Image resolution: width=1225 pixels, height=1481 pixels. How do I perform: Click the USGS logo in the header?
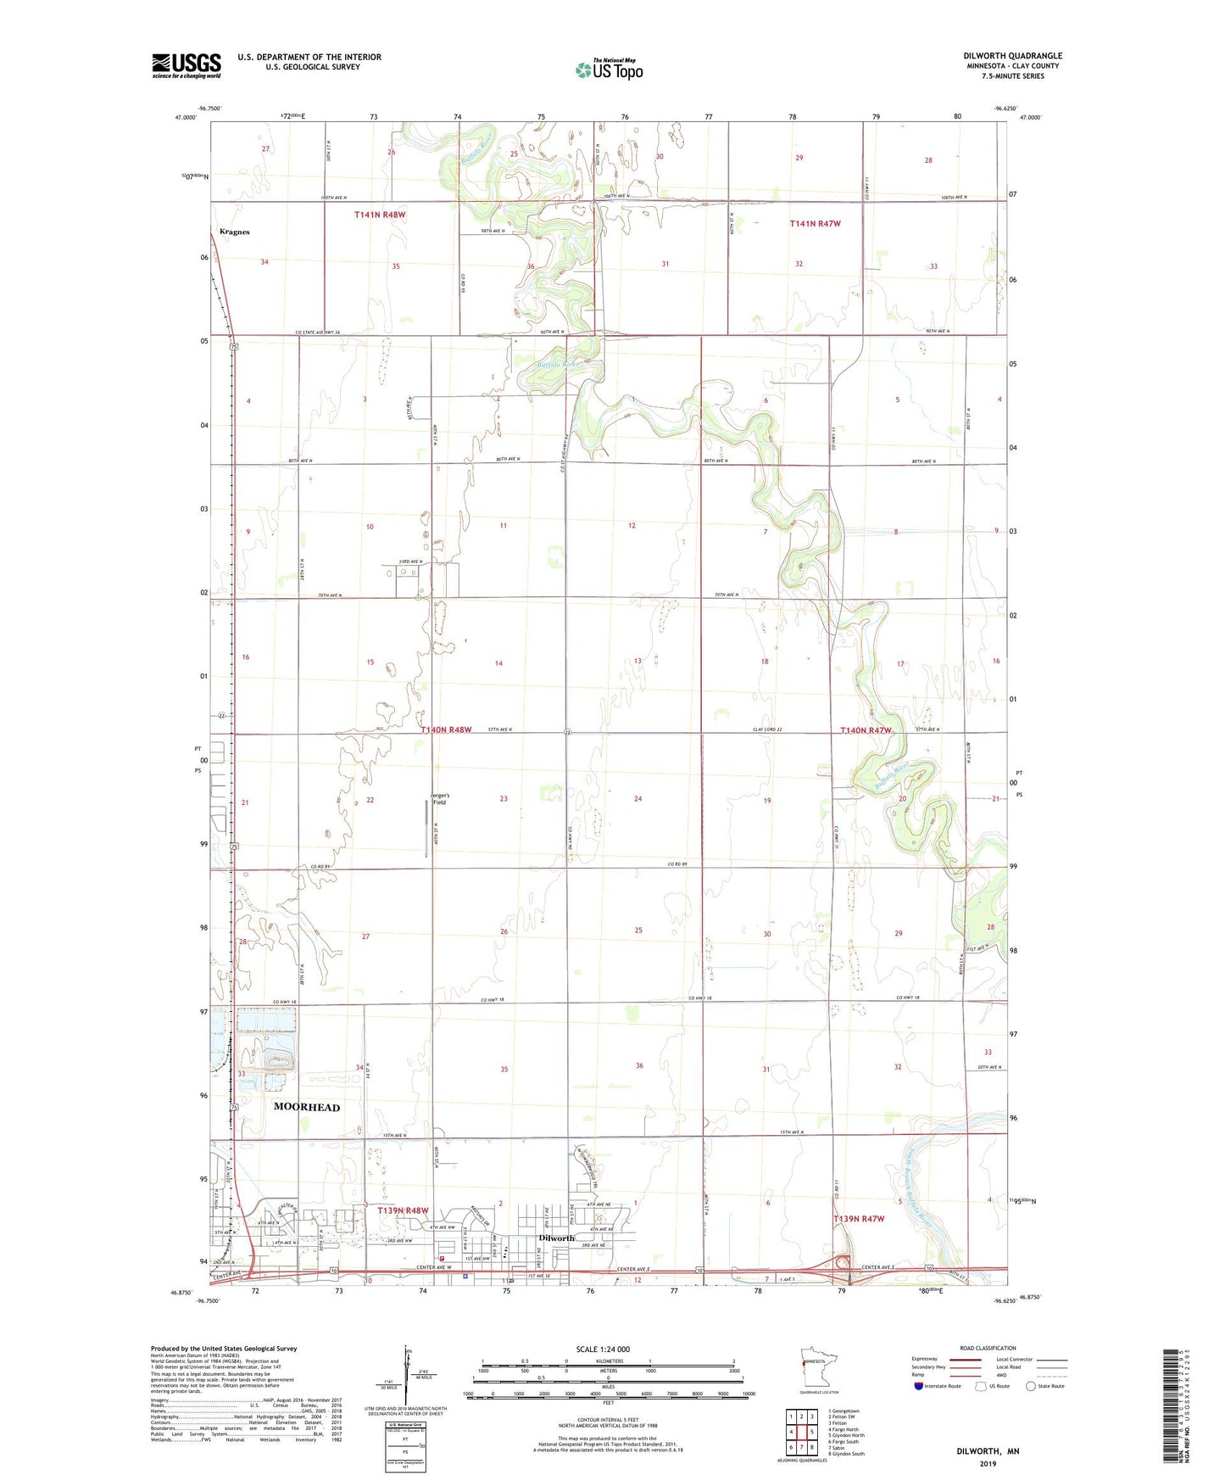(x=186, y=65)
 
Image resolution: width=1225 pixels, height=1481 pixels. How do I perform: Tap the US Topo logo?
(x=609, y=70)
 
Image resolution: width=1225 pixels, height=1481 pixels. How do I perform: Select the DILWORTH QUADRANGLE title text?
(x=1012, y=56)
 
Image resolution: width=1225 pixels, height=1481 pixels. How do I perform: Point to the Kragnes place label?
(x=234, y=232)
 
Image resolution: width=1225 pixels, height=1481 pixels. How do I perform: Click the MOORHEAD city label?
(x=307, y=1107)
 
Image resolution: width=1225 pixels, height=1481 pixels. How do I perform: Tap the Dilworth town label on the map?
(x=556, y=1238)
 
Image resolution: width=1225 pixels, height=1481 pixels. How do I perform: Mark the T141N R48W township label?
(x=380, y=215)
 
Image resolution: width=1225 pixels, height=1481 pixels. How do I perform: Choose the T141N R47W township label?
(x=815, y=224)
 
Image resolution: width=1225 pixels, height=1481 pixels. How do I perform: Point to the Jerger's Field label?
(x=439, y=798)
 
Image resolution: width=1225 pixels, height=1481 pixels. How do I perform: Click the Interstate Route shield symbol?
(x=919, y=1386)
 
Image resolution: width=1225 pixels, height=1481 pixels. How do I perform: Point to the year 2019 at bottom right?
(x=988, y=1463)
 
